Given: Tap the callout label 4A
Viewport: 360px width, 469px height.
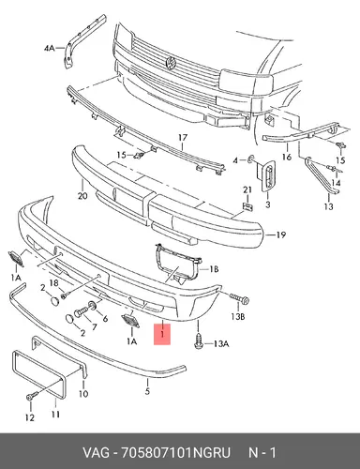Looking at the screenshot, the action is pos(49,49).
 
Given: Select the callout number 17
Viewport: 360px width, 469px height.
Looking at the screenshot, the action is pos(183,138).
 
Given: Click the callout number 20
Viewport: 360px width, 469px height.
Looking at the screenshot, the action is pos(82,196).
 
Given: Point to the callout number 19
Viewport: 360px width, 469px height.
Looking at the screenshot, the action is pos(281,234).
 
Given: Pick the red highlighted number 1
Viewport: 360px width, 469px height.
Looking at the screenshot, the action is pos(162,334).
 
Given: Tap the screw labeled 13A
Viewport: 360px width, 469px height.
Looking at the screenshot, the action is pos(198,342).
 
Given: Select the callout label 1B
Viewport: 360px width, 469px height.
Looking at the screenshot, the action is pos(214,269).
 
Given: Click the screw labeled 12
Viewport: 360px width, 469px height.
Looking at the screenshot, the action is pos(31,397).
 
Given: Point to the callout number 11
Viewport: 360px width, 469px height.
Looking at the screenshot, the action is pos(55,415).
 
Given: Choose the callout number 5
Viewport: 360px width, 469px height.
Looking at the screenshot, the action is pos(147,391).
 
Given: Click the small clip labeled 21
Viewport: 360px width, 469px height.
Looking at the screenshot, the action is pos(247,206).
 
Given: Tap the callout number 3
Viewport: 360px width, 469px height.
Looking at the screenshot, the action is pos(268,204).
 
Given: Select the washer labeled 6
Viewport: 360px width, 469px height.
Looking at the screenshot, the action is pos(93,305).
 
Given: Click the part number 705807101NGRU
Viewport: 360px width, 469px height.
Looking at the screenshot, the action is pos(175,453).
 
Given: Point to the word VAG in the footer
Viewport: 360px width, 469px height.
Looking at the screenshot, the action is pos(96,453).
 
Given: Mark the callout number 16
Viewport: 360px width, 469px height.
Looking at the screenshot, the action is pos(287,157).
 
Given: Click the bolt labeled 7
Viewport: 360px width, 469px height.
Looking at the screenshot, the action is pos(81,312).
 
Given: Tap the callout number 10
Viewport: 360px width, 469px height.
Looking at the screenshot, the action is pos(83,393).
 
